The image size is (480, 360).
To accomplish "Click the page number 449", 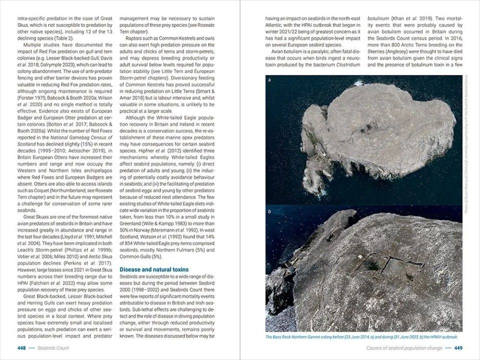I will (458, 348).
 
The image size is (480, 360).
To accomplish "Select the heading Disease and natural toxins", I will (153, 269).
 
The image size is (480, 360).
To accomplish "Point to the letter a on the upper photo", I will (269, 80).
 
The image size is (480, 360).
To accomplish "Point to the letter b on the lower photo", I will (269, 211).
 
